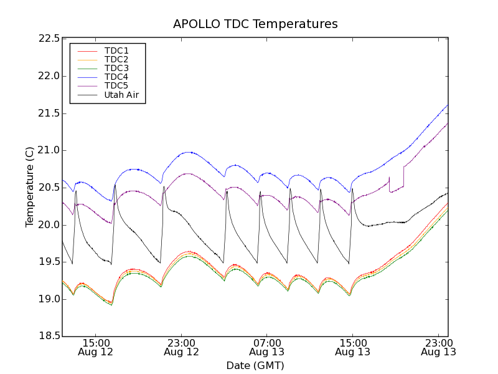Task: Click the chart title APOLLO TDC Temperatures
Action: click(x=255, y=24)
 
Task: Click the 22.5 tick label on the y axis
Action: click(x=49, y=39)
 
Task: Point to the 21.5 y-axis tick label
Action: click(x=49, y=113)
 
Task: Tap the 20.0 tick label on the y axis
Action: click(x=49, y=224)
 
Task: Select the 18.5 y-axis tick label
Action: click(x=49, y=336)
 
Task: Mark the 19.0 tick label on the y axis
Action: click(x=49, y=299)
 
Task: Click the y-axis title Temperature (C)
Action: click(x=30, y=187)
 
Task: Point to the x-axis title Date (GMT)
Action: click(x=255, y=365)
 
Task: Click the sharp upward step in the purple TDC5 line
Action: click(x=404, y=176)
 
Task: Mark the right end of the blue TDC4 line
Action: click(x=448, y=105)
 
